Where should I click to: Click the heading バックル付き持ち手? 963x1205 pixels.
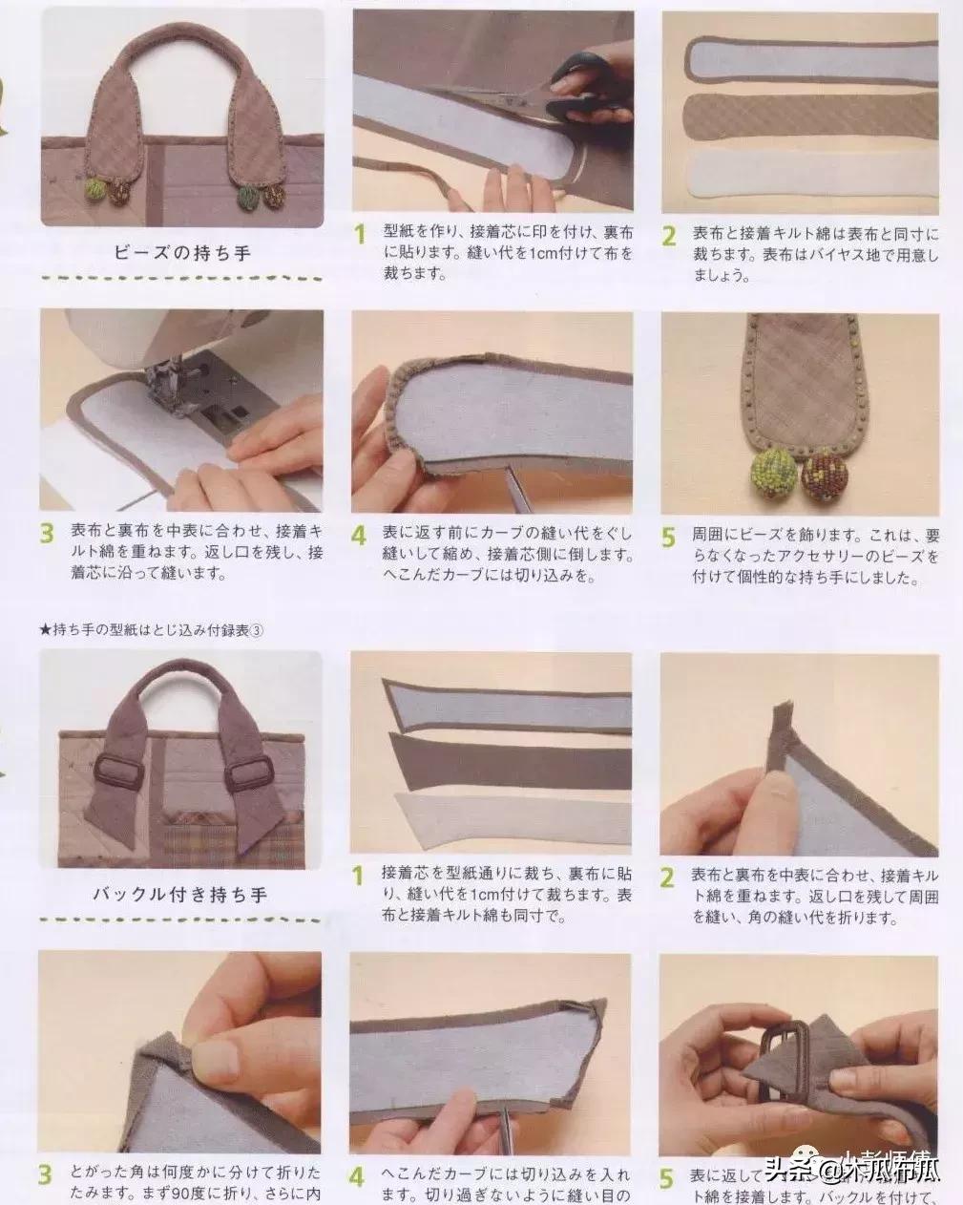179,895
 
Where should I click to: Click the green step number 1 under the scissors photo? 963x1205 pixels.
360,234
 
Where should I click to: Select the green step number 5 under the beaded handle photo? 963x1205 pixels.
669,537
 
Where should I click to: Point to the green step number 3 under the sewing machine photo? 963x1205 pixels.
46,535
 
